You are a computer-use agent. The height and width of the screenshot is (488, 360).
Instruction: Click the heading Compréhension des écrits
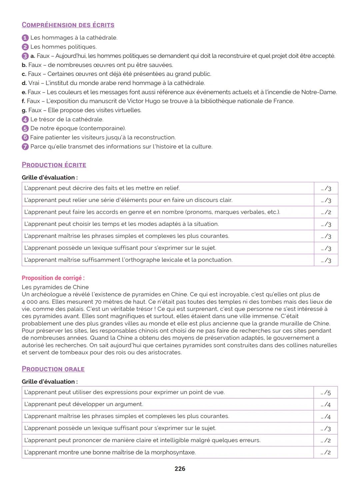pyautogui.click(x=68, y=25)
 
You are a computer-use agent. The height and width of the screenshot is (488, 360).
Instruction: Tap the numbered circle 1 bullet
pyautogui.click(x=25, y=38)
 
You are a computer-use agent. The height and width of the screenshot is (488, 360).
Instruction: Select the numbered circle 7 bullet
pyautogui.click(x=25, y=147)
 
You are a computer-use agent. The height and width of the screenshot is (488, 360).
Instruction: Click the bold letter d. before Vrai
pyautogui.click(x=24, y=83)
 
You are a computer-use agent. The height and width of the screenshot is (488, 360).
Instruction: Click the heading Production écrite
pyautogui.click(x=54, y=165)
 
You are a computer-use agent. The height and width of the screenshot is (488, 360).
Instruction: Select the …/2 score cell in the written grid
pyautogui.click(x=326, y=212)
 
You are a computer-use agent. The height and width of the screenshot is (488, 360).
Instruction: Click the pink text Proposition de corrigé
pyautogui.click(x=53, y=278)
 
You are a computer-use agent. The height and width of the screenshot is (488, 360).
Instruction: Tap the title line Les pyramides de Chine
pyautogui.click(x=55, y=287)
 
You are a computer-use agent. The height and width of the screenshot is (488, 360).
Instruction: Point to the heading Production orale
pyautogui.click(x=53, y=369)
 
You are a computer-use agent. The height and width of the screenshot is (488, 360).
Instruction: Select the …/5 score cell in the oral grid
pyautogui.click(x=326, y=393)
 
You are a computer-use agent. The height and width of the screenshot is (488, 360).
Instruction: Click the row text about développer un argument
pyautogui.click(x=84, y=404)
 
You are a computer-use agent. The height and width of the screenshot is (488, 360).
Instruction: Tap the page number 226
pyautogui.click(x=180, y=469)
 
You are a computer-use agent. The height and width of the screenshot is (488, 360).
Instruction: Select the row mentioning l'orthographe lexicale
pyautogui.click(x=128, y=260)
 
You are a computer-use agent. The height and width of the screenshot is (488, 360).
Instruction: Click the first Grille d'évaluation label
pyautogui.click(x=49, y=178)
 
